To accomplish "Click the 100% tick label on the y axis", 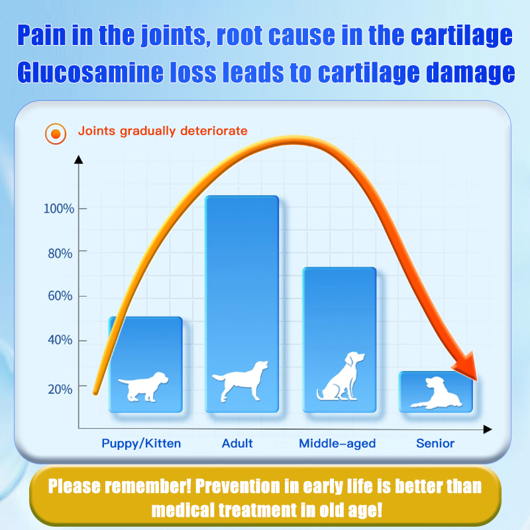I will point(58,209).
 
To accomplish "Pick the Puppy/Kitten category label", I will point(141,443).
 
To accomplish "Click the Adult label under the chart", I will point(237,443).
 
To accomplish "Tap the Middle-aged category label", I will point(337,443).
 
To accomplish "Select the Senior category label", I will point(435,443).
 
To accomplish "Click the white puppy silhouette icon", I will point(143,386).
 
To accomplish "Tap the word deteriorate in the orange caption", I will point(211,131).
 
